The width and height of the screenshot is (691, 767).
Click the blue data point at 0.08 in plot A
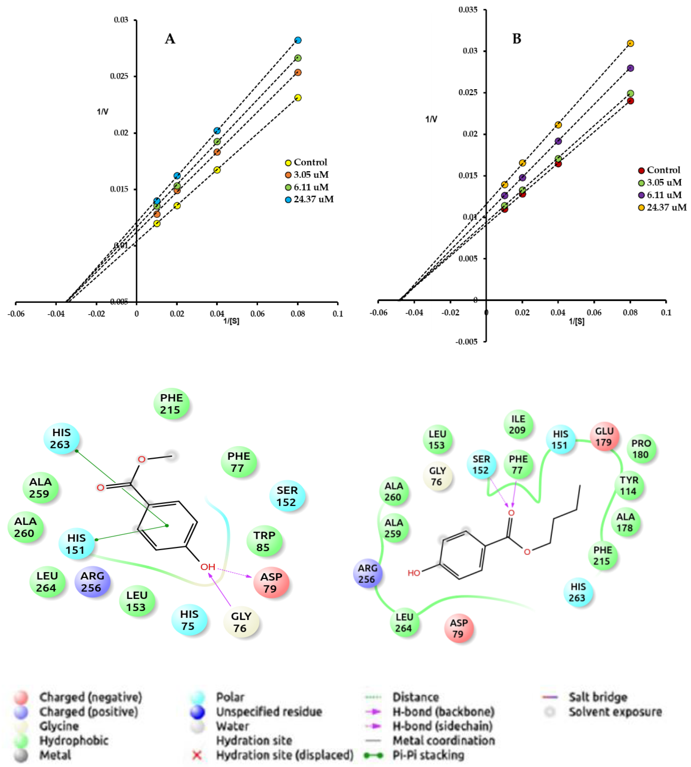click(x=298, y=40)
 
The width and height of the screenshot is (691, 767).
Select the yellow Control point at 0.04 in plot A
click(x=217, y=170)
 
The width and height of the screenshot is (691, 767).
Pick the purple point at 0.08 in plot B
click(x=631, y=68)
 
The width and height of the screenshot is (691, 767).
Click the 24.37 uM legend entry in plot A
click(x=309, y=199)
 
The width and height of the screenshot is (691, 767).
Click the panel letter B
click(x=517, y=39)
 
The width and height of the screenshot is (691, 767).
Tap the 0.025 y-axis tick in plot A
click(x=119, y=76)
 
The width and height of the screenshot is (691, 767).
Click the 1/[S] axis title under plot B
click(x=576, y=321)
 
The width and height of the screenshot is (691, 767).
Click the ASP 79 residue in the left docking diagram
click(x=271, y=583)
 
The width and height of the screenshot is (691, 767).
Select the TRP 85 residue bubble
click(x=264, y=541)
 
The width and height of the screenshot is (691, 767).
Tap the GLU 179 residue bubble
click(x=604, y=437)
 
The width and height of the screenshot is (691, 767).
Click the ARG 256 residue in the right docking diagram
click(x=367, y=574)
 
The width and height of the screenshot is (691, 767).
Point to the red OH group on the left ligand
click(x=208, y=567)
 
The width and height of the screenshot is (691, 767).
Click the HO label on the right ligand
click(x=414, y=573)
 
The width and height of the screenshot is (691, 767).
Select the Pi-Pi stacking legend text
click(x=428, y=755)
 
